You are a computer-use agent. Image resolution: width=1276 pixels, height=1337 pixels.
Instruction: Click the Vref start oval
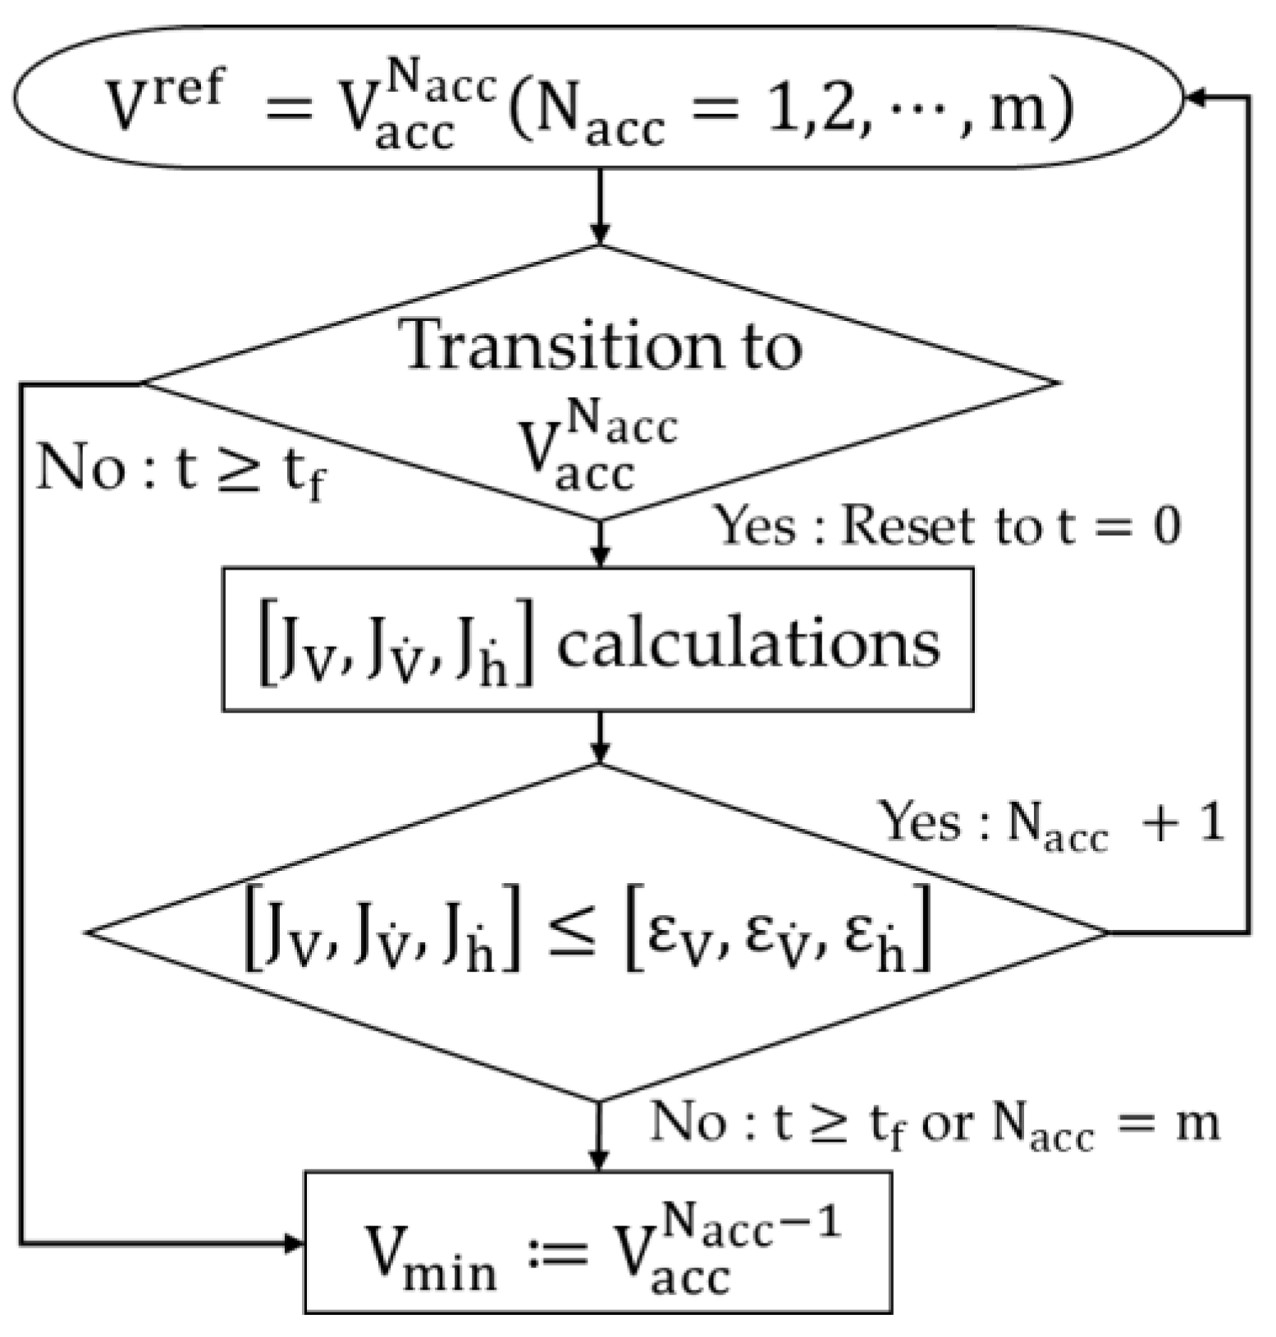coord(597,97)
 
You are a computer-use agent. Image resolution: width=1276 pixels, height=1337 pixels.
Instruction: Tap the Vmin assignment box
coord(597,1242)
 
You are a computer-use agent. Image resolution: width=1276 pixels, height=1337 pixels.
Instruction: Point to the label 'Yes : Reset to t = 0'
coord(948,526)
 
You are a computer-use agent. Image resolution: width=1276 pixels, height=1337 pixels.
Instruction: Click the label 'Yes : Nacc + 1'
coord(1051,822)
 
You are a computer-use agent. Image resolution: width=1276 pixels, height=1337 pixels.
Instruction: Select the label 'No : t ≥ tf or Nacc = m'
coord(935,1124)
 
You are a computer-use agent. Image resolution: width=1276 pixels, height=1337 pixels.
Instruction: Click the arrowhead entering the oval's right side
coord(1196,97)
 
